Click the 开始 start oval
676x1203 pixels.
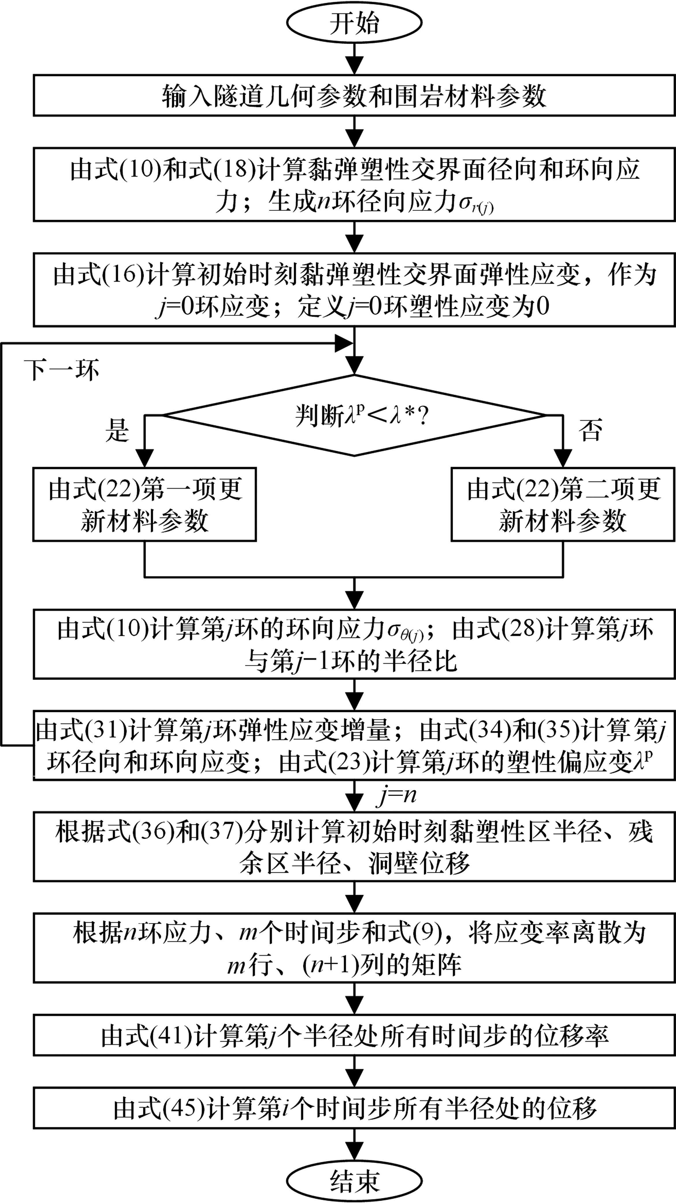pyautogui.click(x=354, y=23)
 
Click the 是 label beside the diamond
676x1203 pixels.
pyautogui.click(x=117, y=430)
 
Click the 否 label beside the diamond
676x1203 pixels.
pyautogui.click(x=590, y=430)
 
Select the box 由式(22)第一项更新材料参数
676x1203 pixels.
pyautogui.click(x=145, y=504)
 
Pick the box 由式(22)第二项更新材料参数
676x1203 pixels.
pyautogui.click(x=563, y=504)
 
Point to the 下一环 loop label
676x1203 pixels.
pyautogui.click(x=62, y=370)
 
